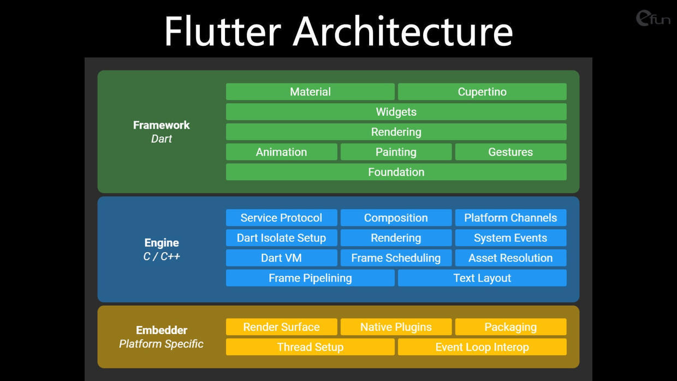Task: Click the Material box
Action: [310, 92]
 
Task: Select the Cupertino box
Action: [482, 92]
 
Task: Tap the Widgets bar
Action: [396, 112]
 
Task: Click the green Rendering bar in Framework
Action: [396, 132]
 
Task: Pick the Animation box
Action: [281, 152]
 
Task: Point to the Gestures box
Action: [511, 152]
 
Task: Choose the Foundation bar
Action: [396, 172]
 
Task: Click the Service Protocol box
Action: [281, 218]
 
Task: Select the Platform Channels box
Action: [511, 218]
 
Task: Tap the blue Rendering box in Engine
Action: [396, 238]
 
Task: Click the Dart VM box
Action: [281, 258]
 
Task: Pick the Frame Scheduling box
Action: [396, 258]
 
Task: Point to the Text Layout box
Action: [482, 278]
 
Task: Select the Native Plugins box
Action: [396, 326]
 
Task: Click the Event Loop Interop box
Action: [482, 347]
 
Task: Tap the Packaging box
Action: [511, 326]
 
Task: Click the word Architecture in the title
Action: [402, 31]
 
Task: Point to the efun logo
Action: [653, 18]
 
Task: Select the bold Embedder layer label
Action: [162, 330]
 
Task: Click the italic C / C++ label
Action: [162, 257]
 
